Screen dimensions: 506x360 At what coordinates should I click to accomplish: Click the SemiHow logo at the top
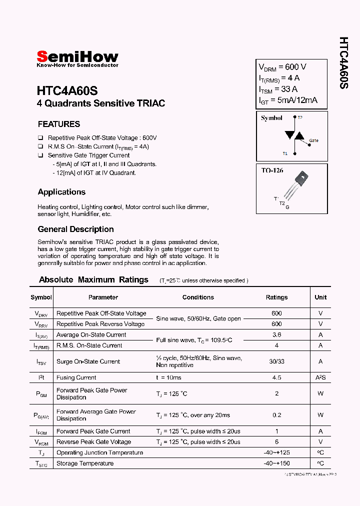coord(77,57)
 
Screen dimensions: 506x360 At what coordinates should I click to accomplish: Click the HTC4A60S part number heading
coord(67,91)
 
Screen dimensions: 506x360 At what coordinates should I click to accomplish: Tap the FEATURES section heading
coord(59,124)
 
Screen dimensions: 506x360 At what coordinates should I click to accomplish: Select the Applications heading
coord(61,192)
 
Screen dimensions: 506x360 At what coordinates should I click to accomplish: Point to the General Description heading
coord(75,229)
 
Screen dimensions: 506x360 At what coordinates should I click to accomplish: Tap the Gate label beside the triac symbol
coord(313,140)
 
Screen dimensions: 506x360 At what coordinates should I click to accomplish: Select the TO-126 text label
coord(272,170)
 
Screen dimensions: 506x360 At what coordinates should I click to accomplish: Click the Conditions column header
coord(198,297)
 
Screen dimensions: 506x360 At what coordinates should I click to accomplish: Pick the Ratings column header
coord(276,297)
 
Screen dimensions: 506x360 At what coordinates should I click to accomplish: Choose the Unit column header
coord(320,297)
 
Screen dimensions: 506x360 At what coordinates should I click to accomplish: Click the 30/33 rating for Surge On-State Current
coord(276,361)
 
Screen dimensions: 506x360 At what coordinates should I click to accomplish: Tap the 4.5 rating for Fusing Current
coord(276,377)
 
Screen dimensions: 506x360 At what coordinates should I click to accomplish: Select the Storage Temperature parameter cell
coord(85,463)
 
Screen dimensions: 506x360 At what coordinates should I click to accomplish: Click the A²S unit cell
coord(320,377)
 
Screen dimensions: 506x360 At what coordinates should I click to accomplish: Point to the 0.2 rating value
coord(276,415)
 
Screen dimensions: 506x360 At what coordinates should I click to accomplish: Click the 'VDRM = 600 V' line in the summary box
coord(282,67)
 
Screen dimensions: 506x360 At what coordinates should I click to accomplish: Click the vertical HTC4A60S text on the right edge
coord(343,63)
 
